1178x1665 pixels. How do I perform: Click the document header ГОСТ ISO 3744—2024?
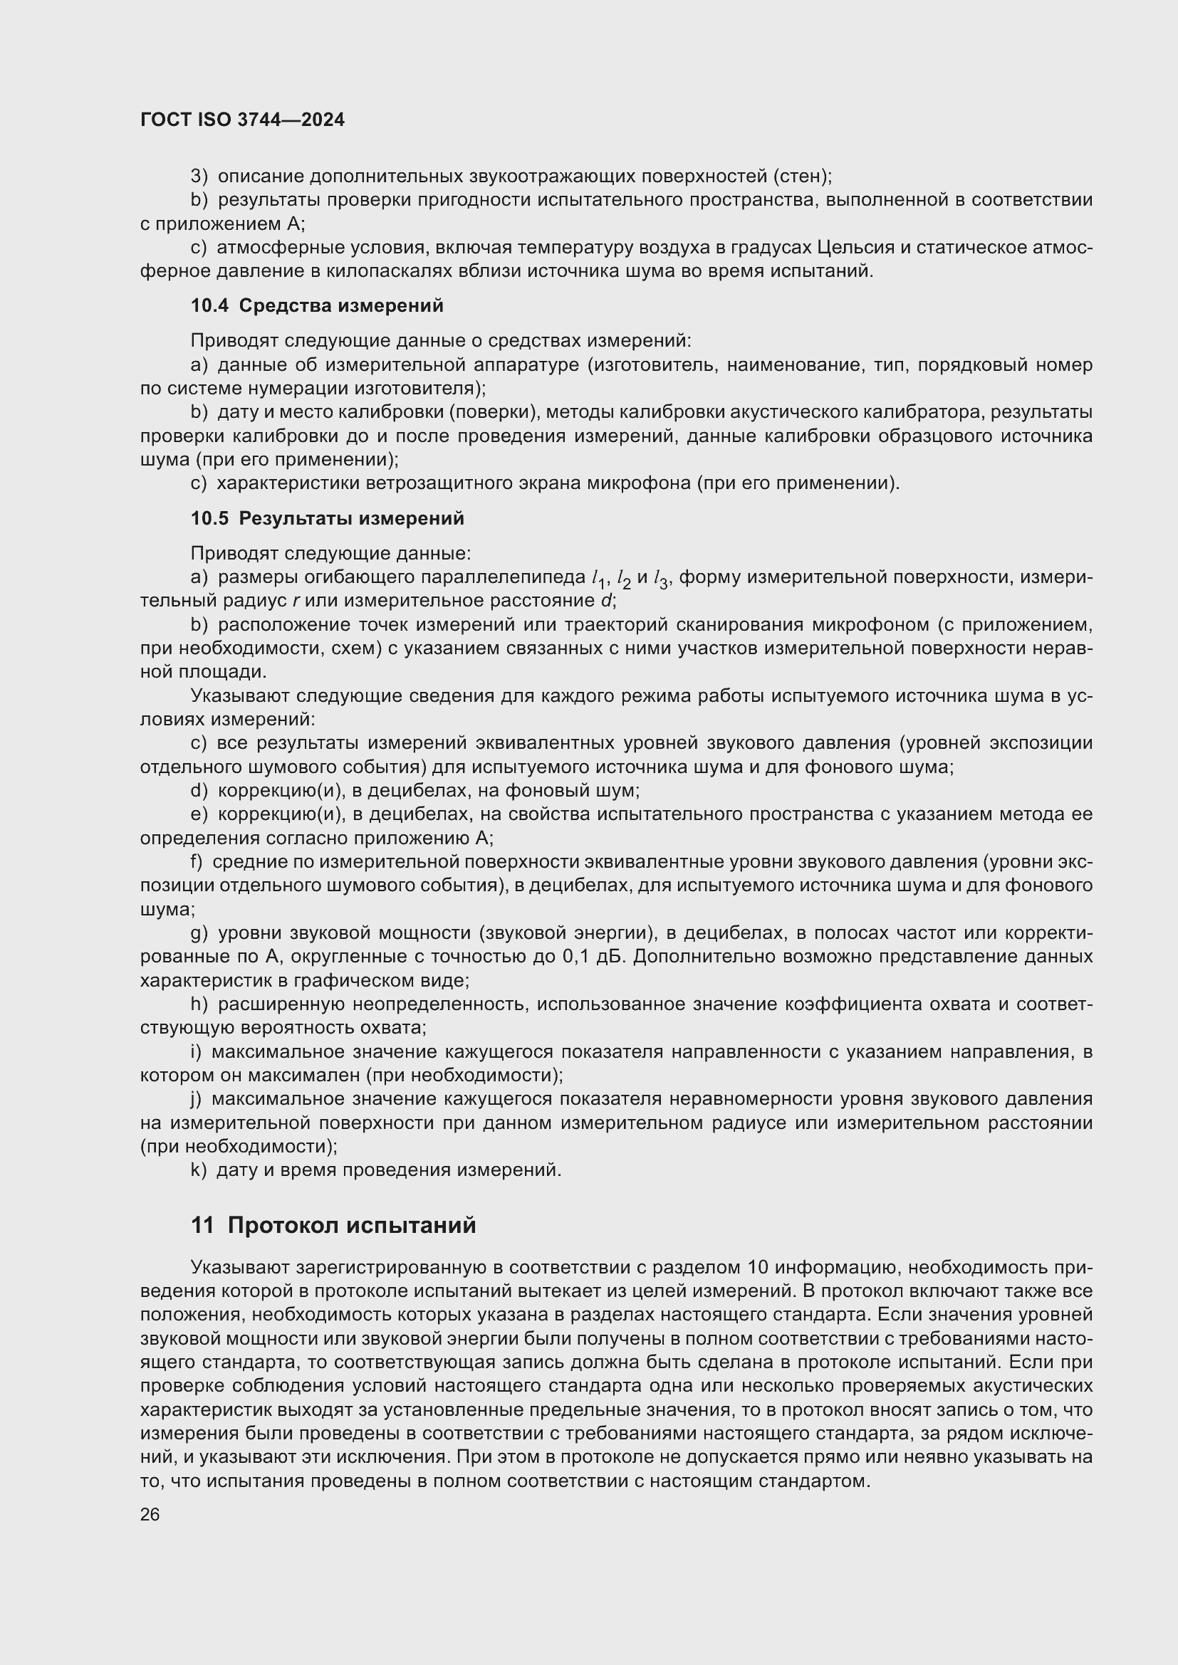click(x=242, y=120)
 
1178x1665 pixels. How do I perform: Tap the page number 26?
click(x=150, y=1514)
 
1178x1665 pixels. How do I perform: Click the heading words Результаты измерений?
click(x=351, y=518)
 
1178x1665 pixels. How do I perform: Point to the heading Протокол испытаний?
click(x=352, y=1226)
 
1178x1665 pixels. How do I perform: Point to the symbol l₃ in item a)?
click(x=661, y=579)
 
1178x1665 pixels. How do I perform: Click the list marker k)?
click(x=199, y=1170)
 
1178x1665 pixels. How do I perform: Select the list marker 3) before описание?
click(x=199, y=177)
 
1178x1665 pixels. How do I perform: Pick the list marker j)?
click(x=197, y=1098)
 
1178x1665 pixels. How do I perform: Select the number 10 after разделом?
click(x=757, y=1268)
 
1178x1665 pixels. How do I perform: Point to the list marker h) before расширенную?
click(x=199, y=1004)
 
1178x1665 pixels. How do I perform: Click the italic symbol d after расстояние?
click(x=607, y=602)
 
